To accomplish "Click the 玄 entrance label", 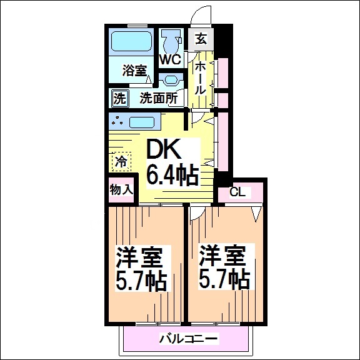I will tap(201, 39).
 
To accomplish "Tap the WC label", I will tap(169, 60).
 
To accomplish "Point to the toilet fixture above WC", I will tap(169, 41).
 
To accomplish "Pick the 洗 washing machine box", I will tap(119, 98).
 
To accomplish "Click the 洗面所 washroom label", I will tap(159, 98).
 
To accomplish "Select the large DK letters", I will tap(164, 149).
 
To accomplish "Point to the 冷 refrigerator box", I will tap(121, 161).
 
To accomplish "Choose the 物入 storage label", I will tap(121, 189).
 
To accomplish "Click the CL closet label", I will tap(237, 192).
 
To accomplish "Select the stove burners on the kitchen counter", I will tap(118, 121).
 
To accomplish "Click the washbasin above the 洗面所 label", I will tap(168, 81).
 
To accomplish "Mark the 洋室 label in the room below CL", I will tap(224, 257).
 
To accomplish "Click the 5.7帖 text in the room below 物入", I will tap(141, 280).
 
